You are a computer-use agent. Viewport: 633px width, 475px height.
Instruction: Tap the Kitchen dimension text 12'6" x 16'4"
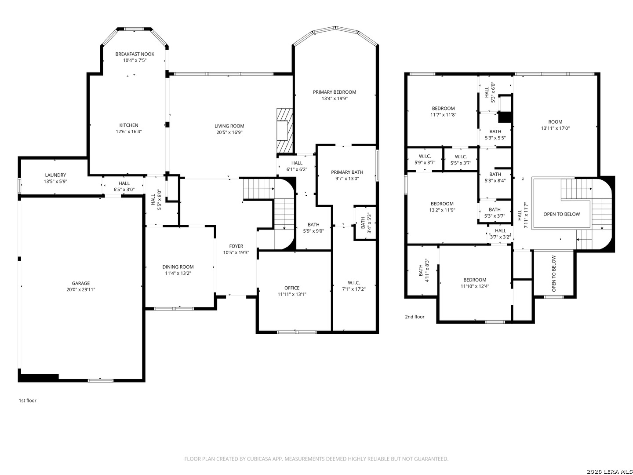click(129, 132)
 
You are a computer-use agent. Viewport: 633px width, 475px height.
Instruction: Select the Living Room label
click(229, 126)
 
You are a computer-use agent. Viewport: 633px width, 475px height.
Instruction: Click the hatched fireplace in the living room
click(284, 130)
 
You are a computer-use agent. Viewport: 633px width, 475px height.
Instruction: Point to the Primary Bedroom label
click(335, 92)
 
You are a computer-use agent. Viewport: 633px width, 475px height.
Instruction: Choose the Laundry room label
click(55, 175)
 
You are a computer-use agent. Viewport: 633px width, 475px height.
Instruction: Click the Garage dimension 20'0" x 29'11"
click(81, 290)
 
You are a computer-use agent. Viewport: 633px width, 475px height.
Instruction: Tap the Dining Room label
click(178, 267)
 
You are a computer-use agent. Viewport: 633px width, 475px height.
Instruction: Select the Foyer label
click(236, 246)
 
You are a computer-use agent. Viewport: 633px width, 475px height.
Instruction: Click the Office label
click(292, 288)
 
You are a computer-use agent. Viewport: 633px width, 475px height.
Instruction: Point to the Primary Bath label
click(347, 172)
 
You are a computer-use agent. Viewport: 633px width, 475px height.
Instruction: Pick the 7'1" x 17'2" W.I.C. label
click(354, 289)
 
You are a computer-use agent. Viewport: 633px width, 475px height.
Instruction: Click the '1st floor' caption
click(28, 401)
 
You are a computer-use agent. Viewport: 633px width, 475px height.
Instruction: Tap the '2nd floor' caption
click(415, 317)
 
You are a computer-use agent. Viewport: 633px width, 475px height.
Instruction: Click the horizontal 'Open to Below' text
click(561, 214)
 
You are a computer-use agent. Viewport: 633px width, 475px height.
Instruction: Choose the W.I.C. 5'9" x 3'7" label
click(425, 157)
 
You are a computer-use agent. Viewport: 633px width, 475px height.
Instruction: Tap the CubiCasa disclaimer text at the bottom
click(316, 459)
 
